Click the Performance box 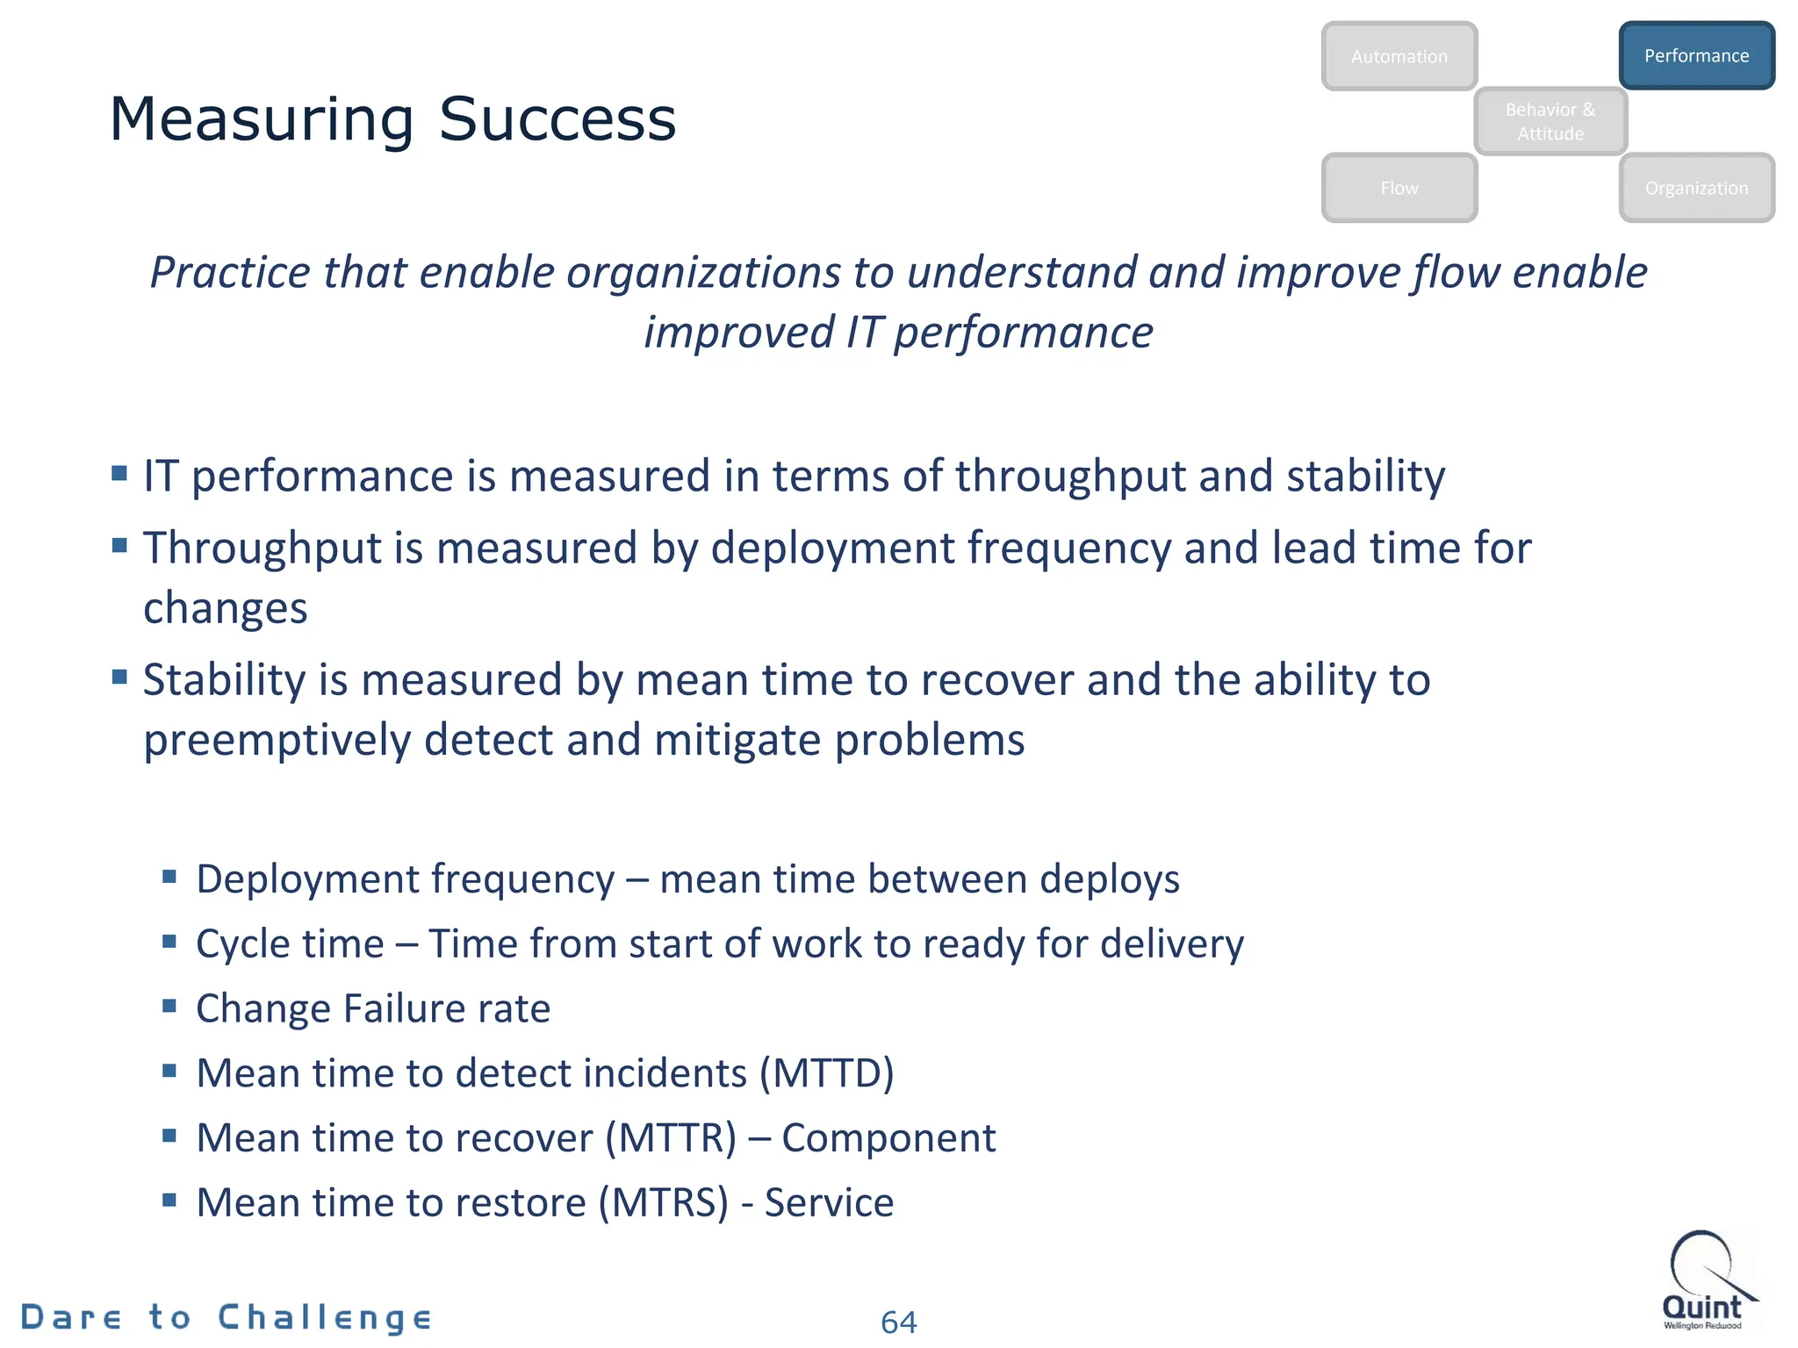pos(1696,56)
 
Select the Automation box pos(1399,56)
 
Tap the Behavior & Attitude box pos(1550,121)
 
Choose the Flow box pos(1399,188)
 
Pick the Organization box pos(1696,188)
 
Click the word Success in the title pos(557,119)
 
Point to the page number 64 pos(898,1322)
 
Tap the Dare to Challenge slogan pos(227,1317)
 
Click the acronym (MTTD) pos(826,1073)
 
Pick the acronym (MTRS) pos(664,1202)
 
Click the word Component pos(888,1138)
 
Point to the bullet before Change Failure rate pos(169,1006)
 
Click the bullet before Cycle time pos(169,942)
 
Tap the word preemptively pos(277,740)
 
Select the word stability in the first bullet pos(1365,477)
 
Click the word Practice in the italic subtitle pos(229,272)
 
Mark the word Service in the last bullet pos(829,1202)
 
